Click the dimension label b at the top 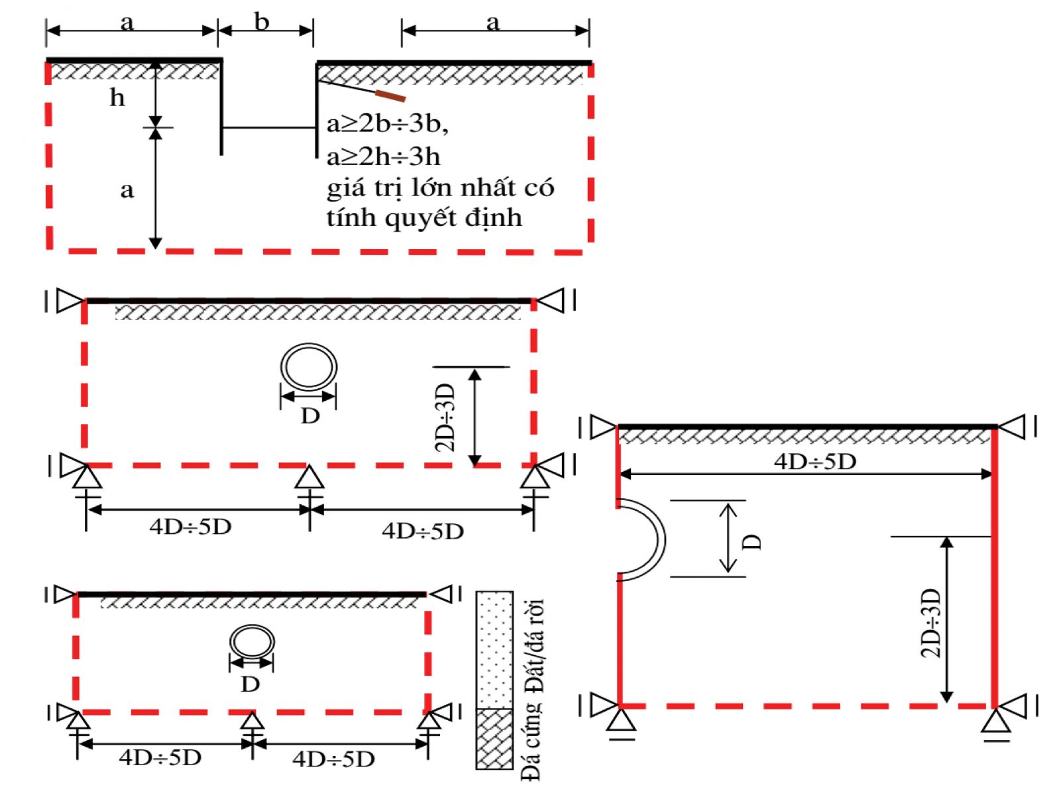tap(262, 22)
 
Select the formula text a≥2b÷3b tap(388, 125)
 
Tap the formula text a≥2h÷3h tap(383, 157)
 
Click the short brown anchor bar tap(390, 95)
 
